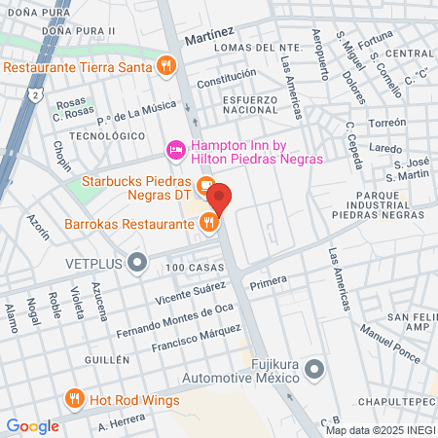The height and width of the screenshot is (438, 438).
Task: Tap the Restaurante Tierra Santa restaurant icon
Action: (x=166, y=66)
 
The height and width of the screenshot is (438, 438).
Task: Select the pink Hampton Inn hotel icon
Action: (x=176, y=149)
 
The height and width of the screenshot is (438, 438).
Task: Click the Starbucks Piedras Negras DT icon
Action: (x=204, y=184)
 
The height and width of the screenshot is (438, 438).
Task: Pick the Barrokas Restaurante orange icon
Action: (x=207, y=224)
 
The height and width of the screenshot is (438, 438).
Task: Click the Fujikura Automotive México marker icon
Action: (x=313, y=369)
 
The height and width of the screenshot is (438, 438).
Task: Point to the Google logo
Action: (x=32, y=425)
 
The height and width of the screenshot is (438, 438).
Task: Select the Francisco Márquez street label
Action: (x=189, y=345)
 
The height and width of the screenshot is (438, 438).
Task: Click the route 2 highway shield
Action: (x=34, y=97)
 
